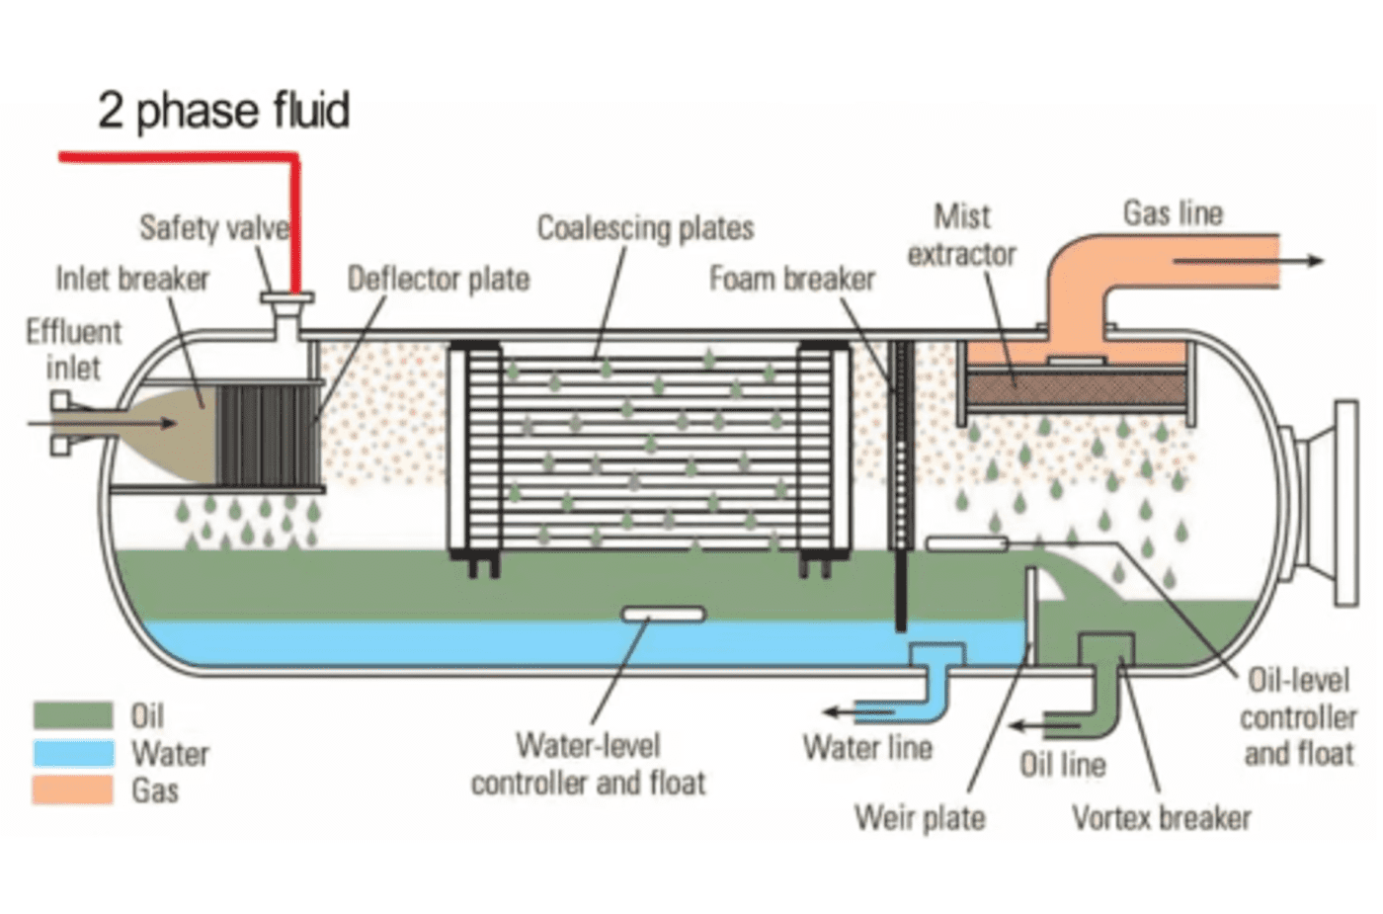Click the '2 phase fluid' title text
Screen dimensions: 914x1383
click(x=223, y=110)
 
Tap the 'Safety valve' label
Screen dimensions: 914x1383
click(x=214, y=228)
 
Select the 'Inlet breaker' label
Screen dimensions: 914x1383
click(x=132, y=280)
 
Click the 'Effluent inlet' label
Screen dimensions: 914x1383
click(x=73, y=350)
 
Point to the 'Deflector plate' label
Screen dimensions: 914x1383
click(x=439, y=280)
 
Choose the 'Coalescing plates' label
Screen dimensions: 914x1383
click(x=645, y=228)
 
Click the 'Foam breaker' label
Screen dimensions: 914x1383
click(x=792, y=280)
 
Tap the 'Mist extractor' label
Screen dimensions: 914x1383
click(x=961, y=235)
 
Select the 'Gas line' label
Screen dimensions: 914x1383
click(x=1173, y=213)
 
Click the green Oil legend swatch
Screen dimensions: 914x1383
click(x=73, y=714)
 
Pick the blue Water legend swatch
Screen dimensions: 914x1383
click(x=73, y=753)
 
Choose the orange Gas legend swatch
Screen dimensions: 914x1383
click(x=73, y=790)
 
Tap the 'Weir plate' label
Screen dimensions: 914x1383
click(x=920, y=818)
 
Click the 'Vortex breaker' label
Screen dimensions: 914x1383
click(x=1161, y=818)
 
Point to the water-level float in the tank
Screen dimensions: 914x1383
click(x=664, y=615)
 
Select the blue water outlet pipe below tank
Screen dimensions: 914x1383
click(x=935, y=682)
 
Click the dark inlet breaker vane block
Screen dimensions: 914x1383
click(x=267, y=435)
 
